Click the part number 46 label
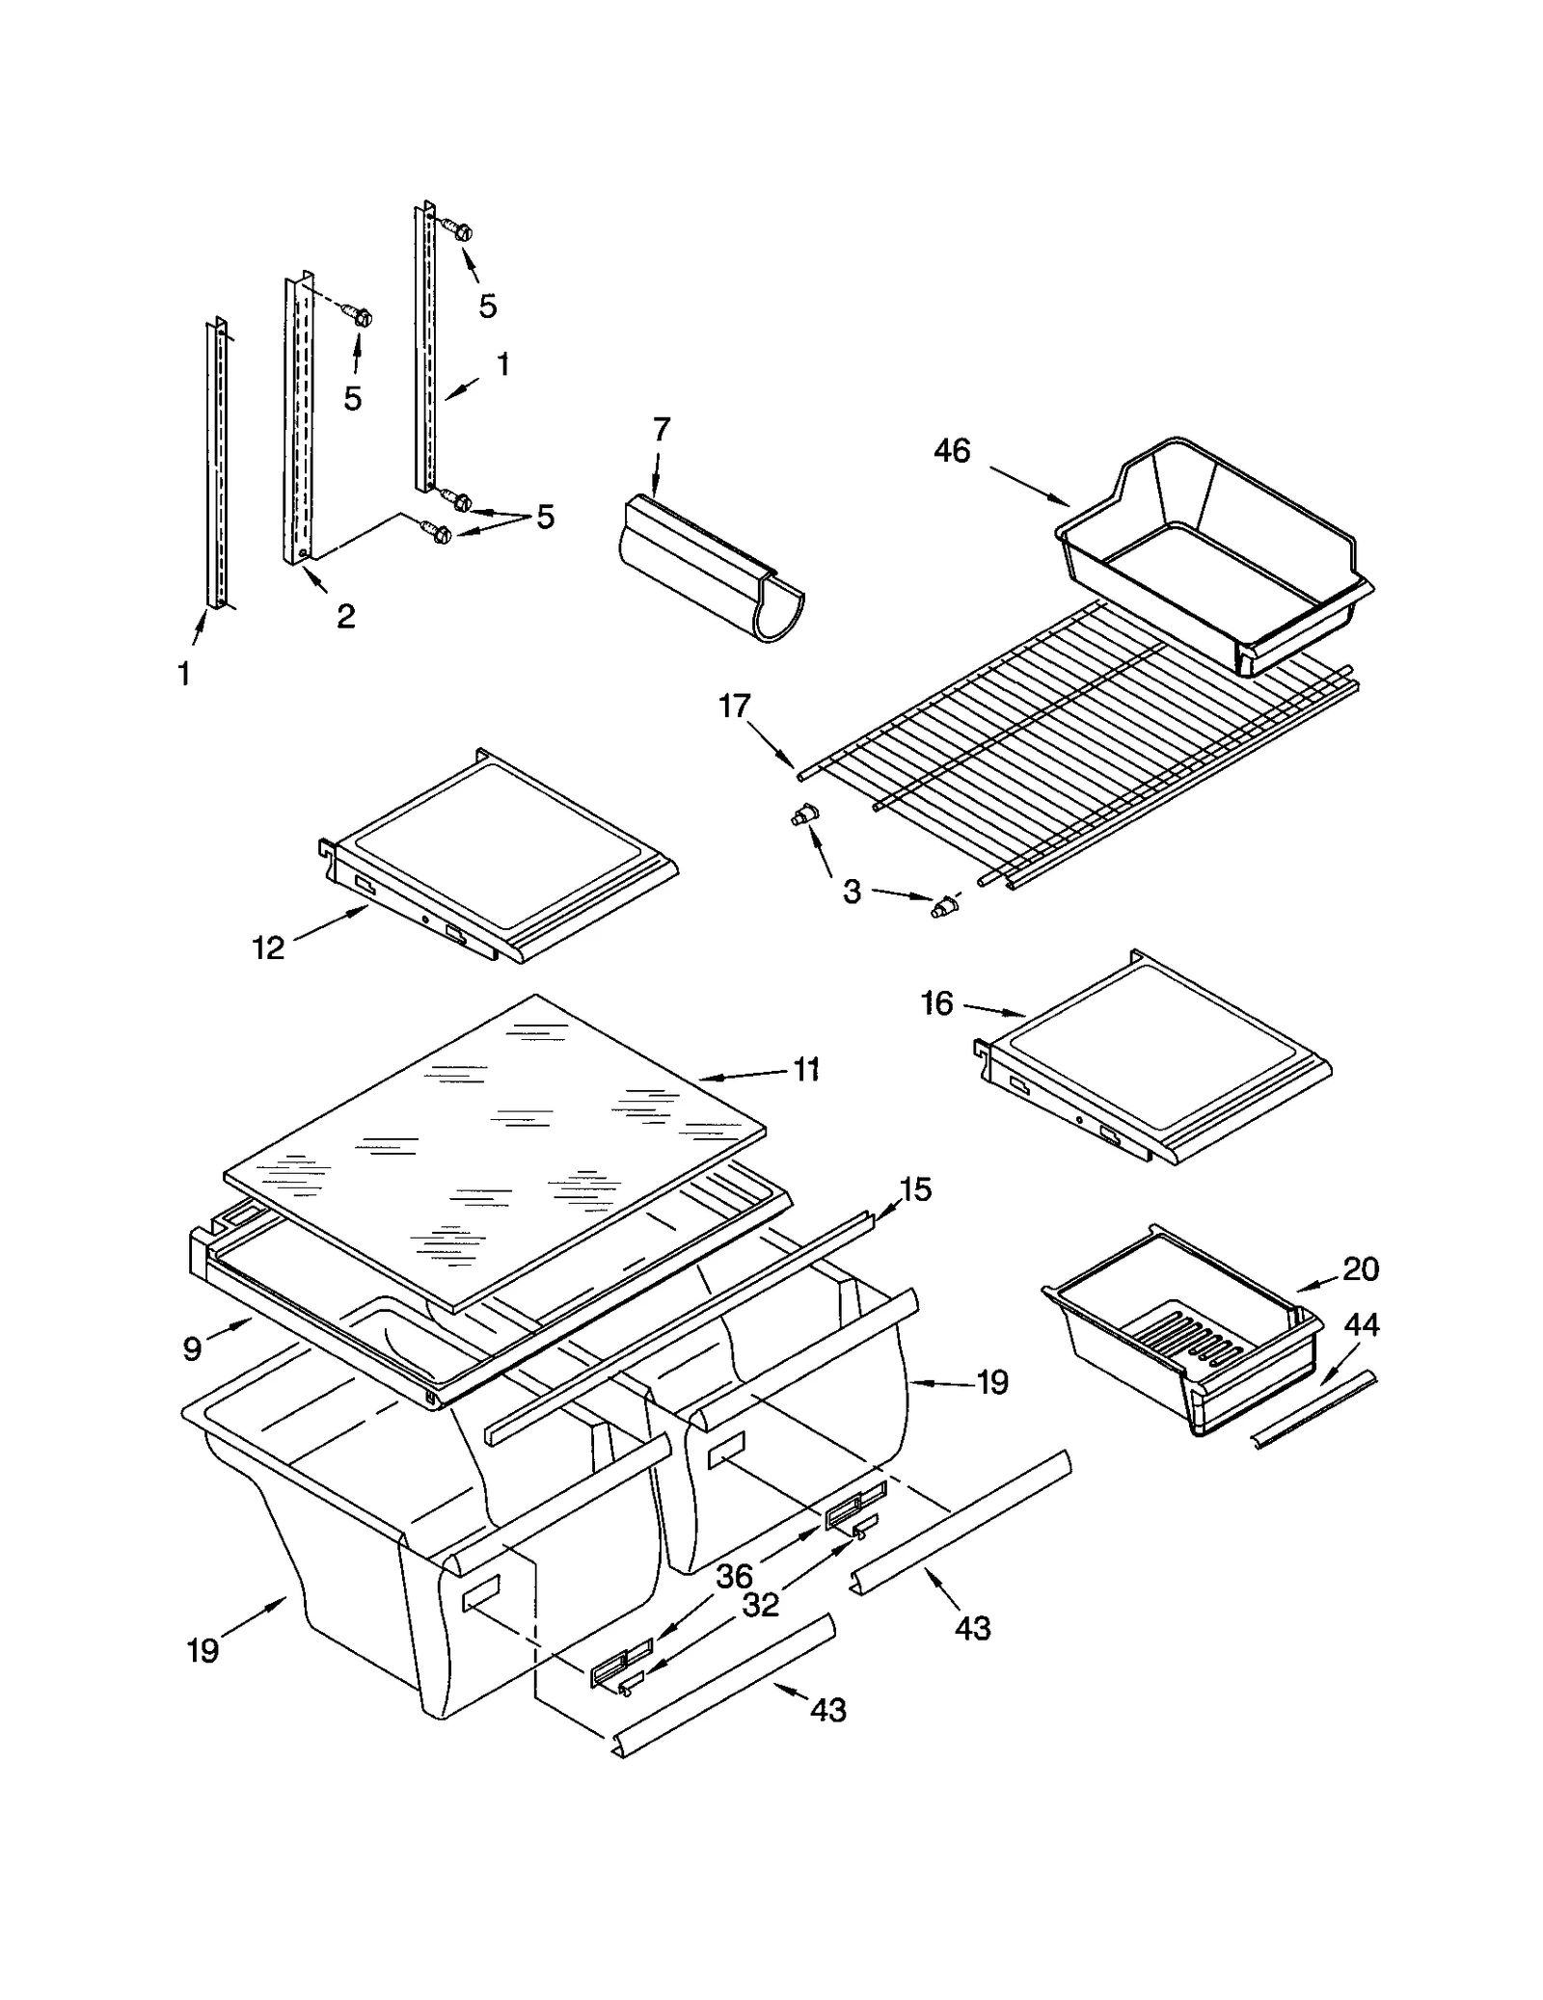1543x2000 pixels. pos(951,451)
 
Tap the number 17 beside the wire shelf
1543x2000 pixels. pos(734,707)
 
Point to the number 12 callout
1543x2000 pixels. pos(268,948)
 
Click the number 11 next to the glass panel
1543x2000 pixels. pos(806,1069)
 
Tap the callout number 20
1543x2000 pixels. pos(1360,1269)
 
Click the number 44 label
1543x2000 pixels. pos(1362,1325)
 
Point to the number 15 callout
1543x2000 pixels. pos(915,1189)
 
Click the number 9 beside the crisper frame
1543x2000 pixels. pos(192,1348)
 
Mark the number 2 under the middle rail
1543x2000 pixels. pos(345,616)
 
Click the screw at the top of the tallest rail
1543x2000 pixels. pos(460,230)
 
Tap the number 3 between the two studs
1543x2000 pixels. pos(852,892)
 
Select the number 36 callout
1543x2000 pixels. pos(734,1577)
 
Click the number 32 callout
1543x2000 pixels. pos(760,1606)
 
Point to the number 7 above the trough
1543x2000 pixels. pos(661,429)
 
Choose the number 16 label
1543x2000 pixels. pos(936,1004)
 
